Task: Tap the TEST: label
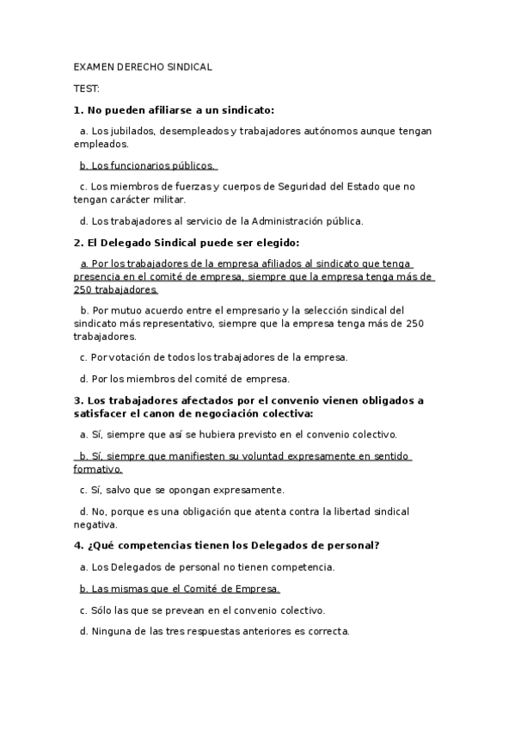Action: click(x=87, y=88)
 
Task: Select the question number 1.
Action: click(x=77, y=110)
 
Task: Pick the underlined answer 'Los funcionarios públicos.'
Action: click(x=147, y=165)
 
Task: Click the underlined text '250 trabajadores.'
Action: click(x=115, y=289)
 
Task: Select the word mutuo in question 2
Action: click(x=124, y=311)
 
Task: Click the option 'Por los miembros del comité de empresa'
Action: click(x=184, y=379)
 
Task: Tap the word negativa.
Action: click(x=95, y=524)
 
